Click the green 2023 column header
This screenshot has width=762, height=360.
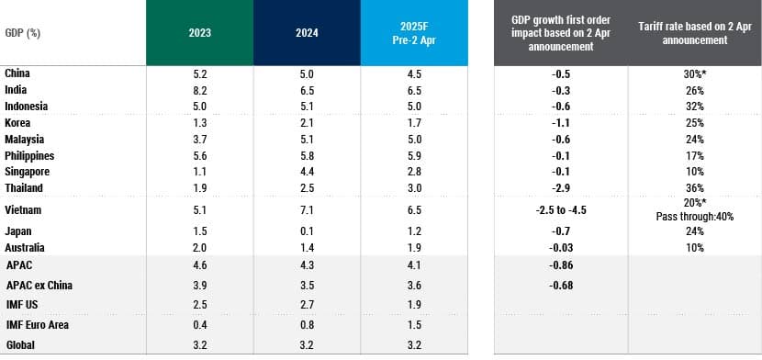pos(199,32)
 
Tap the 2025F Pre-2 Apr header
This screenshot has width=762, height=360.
pos(413,32)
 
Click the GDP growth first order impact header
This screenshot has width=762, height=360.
pos(561,32)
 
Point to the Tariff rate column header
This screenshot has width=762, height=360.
pos(695,32)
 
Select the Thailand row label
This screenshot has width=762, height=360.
pos(25,188)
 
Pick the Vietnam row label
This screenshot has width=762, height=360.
pos(24,209)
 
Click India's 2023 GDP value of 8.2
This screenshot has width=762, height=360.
pos(199,90)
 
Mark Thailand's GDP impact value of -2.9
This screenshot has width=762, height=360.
pos(561,188)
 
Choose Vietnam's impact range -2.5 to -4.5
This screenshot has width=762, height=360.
pos(561,209)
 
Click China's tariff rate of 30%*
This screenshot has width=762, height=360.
pos(695,73)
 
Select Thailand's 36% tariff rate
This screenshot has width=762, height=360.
pos(695,188)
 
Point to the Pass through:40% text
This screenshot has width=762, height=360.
pos(695,218)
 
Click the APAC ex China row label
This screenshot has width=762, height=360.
pos(39,286)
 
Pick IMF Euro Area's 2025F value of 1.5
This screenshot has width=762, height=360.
pos(413,325)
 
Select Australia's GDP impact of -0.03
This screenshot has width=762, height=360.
pos(561,248)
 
